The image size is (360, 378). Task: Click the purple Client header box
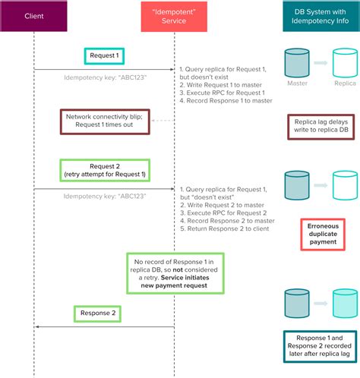[x=34, y=15]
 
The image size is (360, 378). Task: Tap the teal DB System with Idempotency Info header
[x=319, y=15]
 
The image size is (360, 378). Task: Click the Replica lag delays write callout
[x=320, y=128]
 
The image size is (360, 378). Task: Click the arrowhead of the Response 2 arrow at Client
[x=38, y=327]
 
